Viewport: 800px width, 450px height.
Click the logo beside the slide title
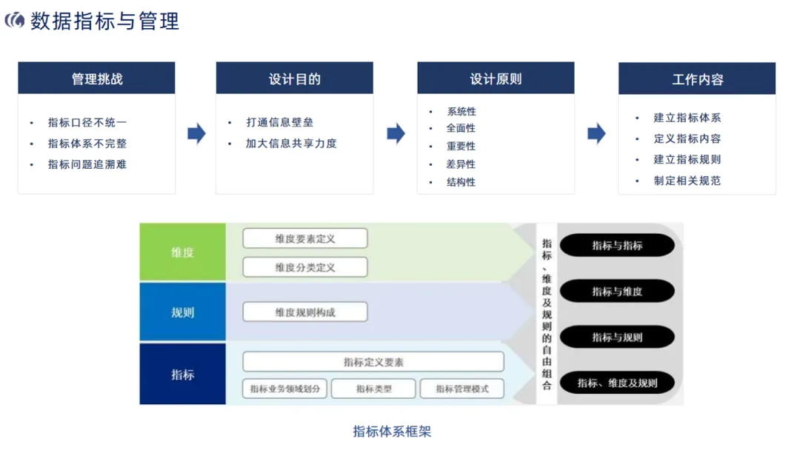[x=15, y=21]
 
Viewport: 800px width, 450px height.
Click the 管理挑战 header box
[x=96, y=78]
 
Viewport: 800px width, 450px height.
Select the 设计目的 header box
[x=294, y=78]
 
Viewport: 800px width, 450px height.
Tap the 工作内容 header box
[x=697, y=78]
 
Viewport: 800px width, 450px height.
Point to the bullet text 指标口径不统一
[x=87, y=123]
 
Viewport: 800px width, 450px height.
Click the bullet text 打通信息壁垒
[x=280, y=123]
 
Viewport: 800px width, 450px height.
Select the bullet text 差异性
[x=461, y=164]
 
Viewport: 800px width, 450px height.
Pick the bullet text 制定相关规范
[x=687, y=181]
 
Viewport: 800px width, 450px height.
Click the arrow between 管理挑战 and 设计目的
[x=196, y=134]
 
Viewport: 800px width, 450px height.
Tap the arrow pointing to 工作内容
[x=596, y=134]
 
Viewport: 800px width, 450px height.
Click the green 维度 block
[x=182, y=252]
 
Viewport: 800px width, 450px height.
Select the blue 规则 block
[x=182, y=312]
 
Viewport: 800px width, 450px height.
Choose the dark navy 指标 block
[x=182, y=375]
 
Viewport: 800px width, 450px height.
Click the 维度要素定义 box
[x=305, y=238]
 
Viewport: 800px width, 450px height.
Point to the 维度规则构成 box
[x=305, y=312]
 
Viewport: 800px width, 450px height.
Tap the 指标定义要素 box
[x=373, y=362]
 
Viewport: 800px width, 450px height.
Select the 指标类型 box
[x=373, y=389]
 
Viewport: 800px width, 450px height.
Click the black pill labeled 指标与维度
[x=617, y=292]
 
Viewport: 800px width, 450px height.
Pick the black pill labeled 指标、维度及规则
[x=617, y=383]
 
